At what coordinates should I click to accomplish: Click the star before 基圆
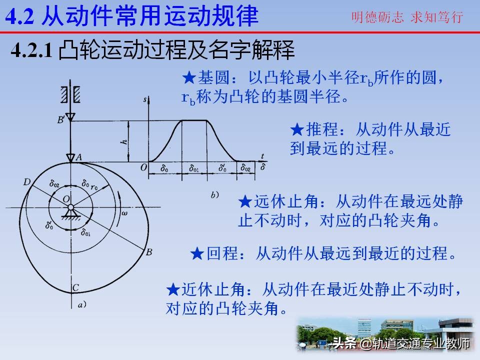[189, 78]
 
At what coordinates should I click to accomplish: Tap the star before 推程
[297, 130]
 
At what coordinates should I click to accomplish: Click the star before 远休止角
[245, 202]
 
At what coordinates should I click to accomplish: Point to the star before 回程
[197, 254]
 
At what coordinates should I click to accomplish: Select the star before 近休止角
[173, 289]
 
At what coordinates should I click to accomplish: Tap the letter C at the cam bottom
[75, 287]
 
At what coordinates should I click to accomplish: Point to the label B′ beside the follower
[61, 119]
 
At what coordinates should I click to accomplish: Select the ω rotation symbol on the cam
[124, 213]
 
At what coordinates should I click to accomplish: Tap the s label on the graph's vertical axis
[144, 100]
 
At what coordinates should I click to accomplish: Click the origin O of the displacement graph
[143, 168]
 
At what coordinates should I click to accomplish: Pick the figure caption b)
[214, 195]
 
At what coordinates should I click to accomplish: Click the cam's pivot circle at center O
[71, 207]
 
